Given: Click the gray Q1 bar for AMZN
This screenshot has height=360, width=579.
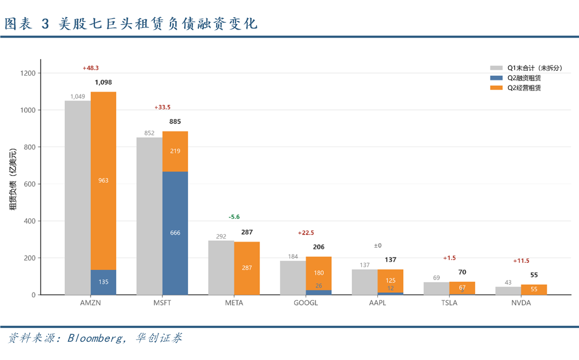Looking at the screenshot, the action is pos(78,198).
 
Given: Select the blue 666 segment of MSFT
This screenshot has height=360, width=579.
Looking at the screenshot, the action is pos(175,233).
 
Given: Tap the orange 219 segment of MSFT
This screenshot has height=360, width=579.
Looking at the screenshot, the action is pos(175,151).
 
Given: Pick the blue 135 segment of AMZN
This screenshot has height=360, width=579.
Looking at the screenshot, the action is pos(103,282).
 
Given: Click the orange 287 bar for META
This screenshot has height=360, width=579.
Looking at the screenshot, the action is pos(247,268).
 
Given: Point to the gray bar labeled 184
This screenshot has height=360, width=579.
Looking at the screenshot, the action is pos(293,278).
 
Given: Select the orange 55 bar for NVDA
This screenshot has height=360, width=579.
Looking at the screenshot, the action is pos(534,290).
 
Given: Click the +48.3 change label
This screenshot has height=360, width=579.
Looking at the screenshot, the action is pos(91,68).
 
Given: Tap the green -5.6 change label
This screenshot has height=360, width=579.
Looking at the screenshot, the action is pos(234,217).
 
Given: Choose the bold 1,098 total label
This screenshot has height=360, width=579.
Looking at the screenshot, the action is pos(103,83).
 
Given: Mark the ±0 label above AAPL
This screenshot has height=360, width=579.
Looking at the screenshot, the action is pos(378,246).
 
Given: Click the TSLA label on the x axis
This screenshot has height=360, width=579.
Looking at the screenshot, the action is pos(449,303).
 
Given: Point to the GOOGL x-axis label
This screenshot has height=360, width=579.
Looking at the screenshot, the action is pos(306,303).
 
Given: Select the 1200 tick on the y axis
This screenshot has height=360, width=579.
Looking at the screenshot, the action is pos(28,73).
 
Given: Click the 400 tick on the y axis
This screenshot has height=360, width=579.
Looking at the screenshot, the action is pos(30,221).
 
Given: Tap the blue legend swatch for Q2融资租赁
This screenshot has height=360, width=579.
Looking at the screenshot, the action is pos(496,78).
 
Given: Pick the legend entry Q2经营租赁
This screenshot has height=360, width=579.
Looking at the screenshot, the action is pos(524,88).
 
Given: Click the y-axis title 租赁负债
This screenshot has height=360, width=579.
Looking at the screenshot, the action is pos(13,196).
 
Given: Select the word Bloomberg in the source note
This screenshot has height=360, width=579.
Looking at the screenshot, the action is pos(95,338).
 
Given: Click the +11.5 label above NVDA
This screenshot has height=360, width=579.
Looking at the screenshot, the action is pos(521,261).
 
